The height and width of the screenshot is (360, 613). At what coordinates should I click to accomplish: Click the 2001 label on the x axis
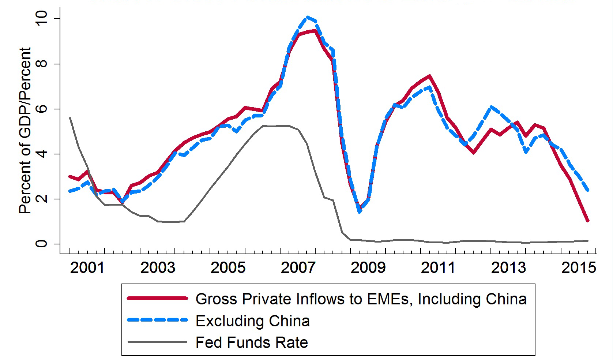pyautogui.click(x=87, y=268)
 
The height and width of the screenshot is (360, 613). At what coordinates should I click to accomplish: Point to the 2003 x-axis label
pyautogui.click(x=158, y=268)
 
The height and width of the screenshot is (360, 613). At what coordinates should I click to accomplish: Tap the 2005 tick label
pyautogui.click(x=228, y=268)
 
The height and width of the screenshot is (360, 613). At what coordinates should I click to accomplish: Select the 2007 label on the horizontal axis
pyautogui.click(x=298, y=268)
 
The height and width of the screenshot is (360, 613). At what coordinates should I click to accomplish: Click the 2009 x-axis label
pyautogui.click(x=368, y=268)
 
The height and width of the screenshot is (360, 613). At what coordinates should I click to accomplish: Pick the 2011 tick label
pyautogui.click(x=438, y=268)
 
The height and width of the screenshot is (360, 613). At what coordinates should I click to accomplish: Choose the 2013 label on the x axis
pyautogui.click(x=508, y=268)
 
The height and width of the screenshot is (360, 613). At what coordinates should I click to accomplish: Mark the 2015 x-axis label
pyautogui.click(x=579, y=268)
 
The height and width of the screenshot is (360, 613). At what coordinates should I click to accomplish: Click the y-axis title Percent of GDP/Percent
pyautogui.click(x=25, y=130)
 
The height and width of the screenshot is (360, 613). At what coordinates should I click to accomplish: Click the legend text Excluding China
pyautogui.click(x=253, y=321)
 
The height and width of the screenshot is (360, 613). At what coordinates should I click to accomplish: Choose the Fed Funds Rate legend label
pyautogui.click(x=252, y=343)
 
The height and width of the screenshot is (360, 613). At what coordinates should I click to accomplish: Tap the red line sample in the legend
pyautogui.click(x=157, y=299)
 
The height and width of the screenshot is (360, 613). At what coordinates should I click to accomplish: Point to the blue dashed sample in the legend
pyautogui.click(x=157, y=320)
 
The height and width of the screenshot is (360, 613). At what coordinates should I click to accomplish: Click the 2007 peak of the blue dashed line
pyautogui.click(x=308, y=17)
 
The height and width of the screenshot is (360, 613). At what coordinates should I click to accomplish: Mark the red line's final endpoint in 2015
pyautogui.click(x=587, y=221)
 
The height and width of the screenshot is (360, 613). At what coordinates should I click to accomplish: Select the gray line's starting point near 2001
pyautogui.click(x=70, y=118)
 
